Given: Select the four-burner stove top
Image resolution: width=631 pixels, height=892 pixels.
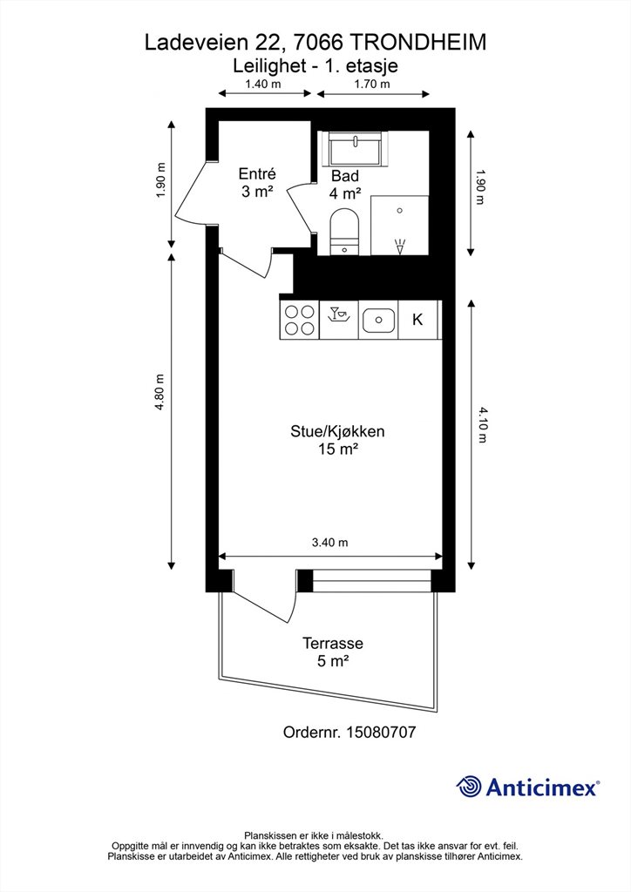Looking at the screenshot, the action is tap(300, 320).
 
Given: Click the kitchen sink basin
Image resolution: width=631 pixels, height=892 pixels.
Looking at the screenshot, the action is tap(378, 320).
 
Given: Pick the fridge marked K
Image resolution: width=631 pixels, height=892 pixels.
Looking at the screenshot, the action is tap(418, 320).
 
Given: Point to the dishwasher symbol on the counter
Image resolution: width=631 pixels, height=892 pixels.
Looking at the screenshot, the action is tap(339, 320).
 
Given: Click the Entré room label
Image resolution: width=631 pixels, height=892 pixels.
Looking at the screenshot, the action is tap(257, 173).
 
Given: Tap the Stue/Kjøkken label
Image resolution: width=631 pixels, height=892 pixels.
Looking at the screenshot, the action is tap(337, 431).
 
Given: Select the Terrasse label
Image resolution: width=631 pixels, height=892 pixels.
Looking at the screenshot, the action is tap(333, 644).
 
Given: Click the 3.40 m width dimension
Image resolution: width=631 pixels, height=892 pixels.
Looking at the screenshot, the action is tap(330, 542).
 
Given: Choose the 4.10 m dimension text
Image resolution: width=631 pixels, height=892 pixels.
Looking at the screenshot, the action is tap(483, 425).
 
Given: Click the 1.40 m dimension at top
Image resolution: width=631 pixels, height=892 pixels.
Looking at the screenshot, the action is tap(263, 84).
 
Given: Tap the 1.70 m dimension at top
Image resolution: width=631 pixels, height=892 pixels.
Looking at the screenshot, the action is tap(372, 84).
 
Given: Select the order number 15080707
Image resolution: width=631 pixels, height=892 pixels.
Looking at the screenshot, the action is tap(381, 732).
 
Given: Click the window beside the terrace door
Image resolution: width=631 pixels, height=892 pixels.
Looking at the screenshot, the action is tap(372, 581).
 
